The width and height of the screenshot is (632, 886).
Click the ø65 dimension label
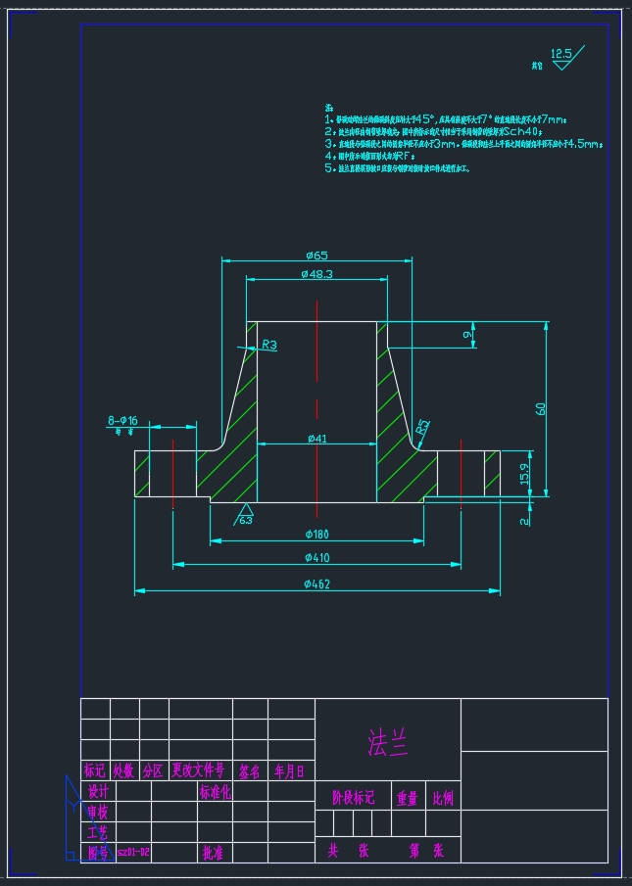coord(316,255)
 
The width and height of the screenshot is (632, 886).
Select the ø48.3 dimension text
coord(316,274)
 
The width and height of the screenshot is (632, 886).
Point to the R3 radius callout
coord(268,345)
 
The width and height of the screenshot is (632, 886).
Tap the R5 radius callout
coord(422,427)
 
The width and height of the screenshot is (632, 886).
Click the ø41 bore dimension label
coord(316,439)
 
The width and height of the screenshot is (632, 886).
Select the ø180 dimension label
coord(316,534)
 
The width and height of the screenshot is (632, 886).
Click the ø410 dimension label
coord(316,558)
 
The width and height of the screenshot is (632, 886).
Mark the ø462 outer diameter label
coord(316,584)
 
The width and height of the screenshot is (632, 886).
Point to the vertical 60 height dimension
coord(540,408)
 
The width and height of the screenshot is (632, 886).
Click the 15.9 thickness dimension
coord(525,475)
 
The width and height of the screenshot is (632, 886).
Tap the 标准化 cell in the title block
coord(216,792)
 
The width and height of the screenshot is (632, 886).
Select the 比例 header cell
coord(443,798)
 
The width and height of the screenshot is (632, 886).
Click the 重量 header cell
coord(407,798)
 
